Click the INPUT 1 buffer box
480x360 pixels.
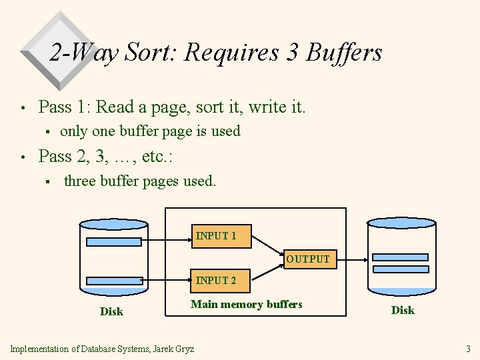click(215, 237)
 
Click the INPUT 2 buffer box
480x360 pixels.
click(215, 281)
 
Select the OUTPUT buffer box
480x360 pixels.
click(307, 259)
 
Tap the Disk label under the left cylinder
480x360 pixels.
click(111, 311)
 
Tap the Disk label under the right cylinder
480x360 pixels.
click(403, 310)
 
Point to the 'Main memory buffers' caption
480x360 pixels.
click(246, 305)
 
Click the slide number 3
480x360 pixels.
click(468, 349)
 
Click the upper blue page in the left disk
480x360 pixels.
click(114, 242)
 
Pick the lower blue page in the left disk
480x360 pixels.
click(114, 281)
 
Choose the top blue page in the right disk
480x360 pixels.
click(400, 257)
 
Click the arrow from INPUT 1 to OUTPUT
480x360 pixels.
click(269, 246)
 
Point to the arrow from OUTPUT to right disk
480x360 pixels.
click(350, 259)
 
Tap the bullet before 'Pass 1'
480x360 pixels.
click(23, 108)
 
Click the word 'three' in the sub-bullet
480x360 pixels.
click(80, 181)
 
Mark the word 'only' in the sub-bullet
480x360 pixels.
click(74, 131)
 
